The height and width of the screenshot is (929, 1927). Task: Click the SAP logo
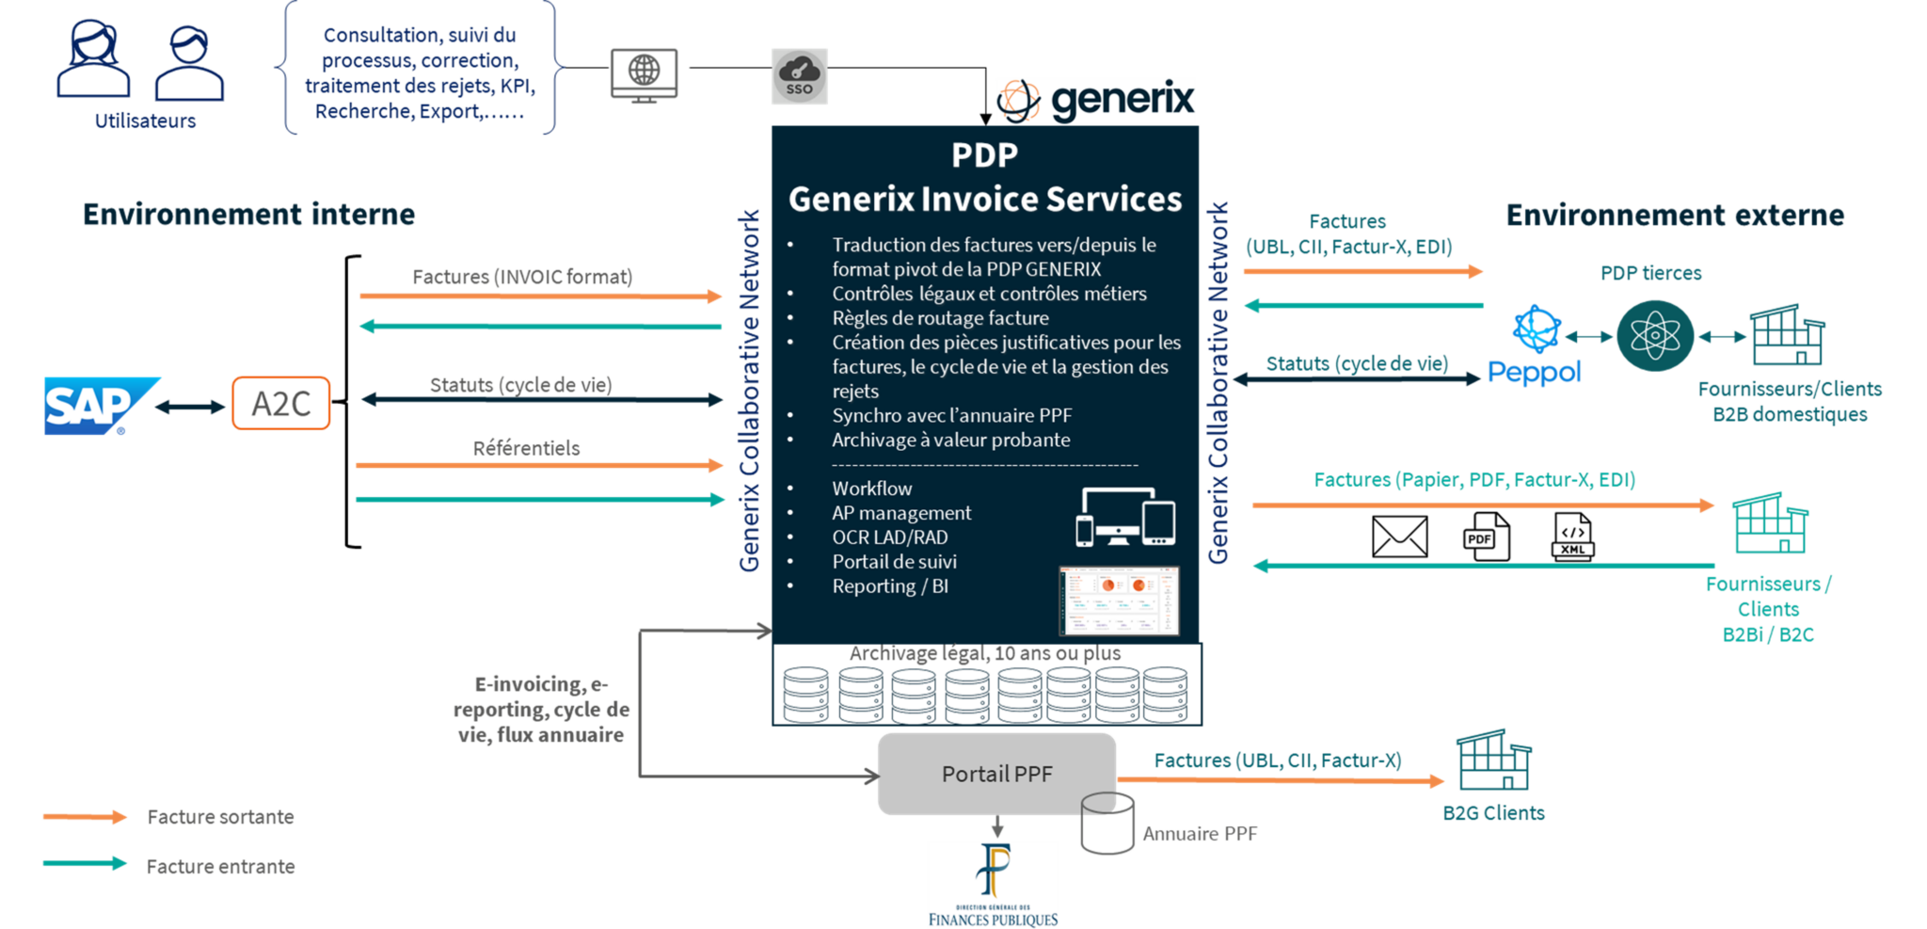tap(99, 406)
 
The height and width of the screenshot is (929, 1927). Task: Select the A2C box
tap(280, 403)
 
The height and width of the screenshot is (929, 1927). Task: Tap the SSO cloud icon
tap(799, 75)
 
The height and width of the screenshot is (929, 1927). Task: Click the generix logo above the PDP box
tap(1095, 101)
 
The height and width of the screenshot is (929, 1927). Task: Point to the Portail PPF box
tap(996, 774)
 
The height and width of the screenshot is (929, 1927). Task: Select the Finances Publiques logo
tap(993, 885)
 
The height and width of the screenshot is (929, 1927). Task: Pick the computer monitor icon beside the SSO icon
tap(644, 74)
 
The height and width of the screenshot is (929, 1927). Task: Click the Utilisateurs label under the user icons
tap(146, 121)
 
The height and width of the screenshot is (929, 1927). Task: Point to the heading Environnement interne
tap(248, 215)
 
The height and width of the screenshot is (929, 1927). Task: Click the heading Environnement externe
tap(1675, 216)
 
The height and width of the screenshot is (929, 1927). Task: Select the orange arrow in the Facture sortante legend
tap(85, 817)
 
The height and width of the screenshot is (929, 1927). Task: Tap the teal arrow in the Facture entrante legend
tap(85, 863)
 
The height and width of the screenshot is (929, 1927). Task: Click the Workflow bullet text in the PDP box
tap(871, 489)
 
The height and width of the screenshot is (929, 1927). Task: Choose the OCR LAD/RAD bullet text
tap(889, 537)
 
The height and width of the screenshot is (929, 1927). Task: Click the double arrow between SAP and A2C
tap(192, 407)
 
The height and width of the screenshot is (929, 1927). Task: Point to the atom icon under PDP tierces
tap(1655, 335)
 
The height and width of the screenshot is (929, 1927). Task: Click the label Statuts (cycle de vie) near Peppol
tap(1356, 364)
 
